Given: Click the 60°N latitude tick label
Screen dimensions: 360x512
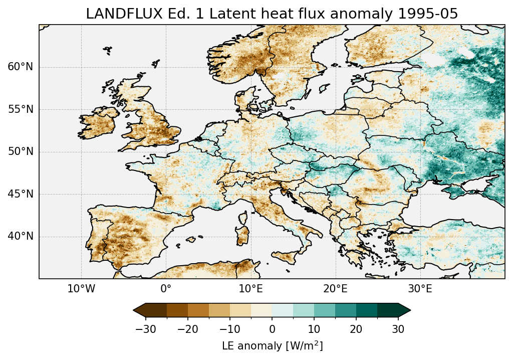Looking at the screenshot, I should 20,67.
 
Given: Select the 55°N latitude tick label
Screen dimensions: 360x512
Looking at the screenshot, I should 20,109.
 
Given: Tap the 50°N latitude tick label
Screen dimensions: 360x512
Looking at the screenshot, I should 20,151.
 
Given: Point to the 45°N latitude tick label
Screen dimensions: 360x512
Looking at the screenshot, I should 20,194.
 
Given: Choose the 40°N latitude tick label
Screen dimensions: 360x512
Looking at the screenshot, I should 20,236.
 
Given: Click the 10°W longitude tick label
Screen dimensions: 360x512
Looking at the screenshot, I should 81,289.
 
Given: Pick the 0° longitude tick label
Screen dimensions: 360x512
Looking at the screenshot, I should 166,289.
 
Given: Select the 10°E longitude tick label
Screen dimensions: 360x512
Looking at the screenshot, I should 250,289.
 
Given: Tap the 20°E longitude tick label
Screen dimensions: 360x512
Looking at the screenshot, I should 335,289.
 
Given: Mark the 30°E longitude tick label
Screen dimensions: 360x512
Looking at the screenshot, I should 420,289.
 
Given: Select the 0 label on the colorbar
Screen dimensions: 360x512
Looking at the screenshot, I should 272,329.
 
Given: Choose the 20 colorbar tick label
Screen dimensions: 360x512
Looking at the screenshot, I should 356,329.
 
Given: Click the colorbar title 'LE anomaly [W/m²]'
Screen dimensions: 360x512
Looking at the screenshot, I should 272,346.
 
